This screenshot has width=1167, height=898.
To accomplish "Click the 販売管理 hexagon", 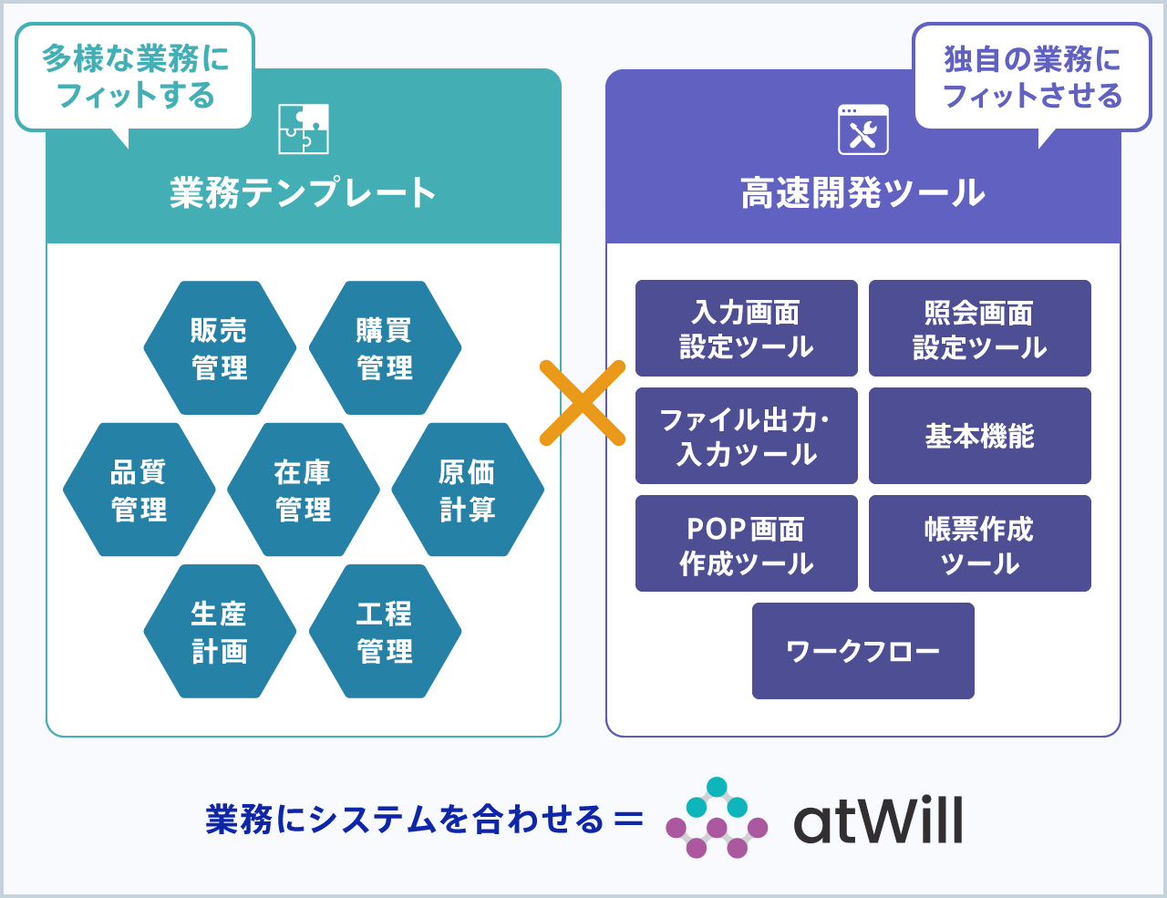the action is (220, 348).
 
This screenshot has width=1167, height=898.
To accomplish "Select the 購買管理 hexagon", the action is (385, 348).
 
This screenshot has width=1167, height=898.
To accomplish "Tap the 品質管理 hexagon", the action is (139, 490).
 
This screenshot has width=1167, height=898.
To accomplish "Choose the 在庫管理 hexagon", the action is (304, 490).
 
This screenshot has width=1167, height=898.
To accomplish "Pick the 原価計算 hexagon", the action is (468, 490).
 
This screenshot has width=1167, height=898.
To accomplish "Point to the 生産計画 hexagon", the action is (220, 631).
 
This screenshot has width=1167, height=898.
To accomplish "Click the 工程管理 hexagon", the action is (385, 631).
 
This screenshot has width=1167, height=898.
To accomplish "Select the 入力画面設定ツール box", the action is (747, 328).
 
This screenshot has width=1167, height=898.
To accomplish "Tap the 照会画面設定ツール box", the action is (979, 328).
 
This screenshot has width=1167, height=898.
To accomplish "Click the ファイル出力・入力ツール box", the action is (747, 436).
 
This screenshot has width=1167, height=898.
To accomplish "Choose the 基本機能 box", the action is (979, 436).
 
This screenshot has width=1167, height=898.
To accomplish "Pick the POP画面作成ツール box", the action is (747, 543).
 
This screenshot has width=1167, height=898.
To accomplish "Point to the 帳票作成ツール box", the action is (979, 543).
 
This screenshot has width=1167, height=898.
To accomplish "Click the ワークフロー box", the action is (863, 651).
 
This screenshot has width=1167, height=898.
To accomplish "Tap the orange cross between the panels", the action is (583, 403).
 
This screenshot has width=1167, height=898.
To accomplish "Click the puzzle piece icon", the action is (304, 129).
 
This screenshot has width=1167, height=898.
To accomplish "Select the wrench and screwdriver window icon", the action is (863, 129).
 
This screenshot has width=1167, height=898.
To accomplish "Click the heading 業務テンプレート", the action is (303, 192).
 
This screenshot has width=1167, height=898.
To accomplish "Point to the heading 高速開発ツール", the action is (863, 192).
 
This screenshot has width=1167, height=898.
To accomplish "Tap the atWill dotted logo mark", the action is (717, 818).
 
